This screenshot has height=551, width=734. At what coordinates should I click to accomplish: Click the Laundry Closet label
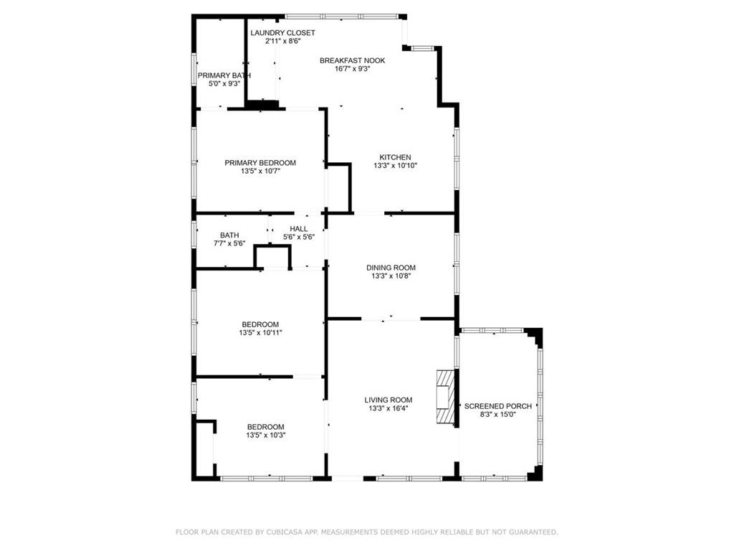click(282, 33)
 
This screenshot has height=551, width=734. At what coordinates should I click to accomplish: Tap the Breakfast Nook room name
click(353, 60)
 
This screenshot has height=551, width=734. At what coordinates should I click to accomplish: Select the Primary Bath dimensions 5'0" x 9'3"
click(224, 84)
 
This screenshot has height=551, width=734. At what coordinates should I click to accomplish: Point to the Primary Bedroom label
click(260, 163)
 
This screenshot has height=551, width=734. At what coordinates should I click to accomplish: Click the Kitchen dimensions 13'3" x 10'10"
click(395, 166)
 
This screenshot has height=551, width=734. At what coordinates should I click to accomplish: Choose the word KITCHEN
click(395, 157)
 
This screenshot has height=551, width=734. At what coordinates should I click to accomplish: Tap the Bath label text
click(229, 235)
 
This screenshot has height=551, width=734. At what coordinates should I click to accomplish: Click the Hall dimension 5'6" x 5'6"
click(299, 237)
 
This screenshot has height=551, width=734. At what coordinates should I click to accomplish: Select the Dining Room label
click(391, 268)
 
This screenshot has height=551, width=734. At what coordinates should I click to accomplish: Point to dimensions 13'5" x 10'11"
click(260, 333)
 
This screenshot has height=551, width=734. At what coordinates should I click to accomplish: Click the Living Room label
click(389, 400)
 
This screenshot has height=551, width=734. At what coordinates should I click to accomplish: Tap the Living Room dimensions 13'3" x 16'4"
click(389, 408)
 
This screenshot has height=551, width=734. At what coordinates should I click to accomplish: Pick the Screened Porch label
click(498, 406)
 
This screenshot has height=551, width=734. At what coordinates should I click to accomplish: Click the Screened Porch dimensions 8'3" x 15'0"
click(498, 415)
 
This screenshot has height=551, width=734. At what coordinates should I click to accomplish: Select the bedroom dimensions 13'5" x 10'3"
click(266, 435)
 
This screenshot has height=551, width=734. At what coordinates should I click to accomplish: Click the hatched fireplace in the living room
click(445, 397)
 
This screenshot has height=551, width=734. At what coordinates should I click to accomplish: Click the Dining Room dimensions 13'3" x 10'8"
click(391, 276)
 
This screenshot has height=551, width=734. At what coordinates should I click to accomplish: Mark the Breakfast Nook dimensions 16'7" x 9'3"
click(353, 69)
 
